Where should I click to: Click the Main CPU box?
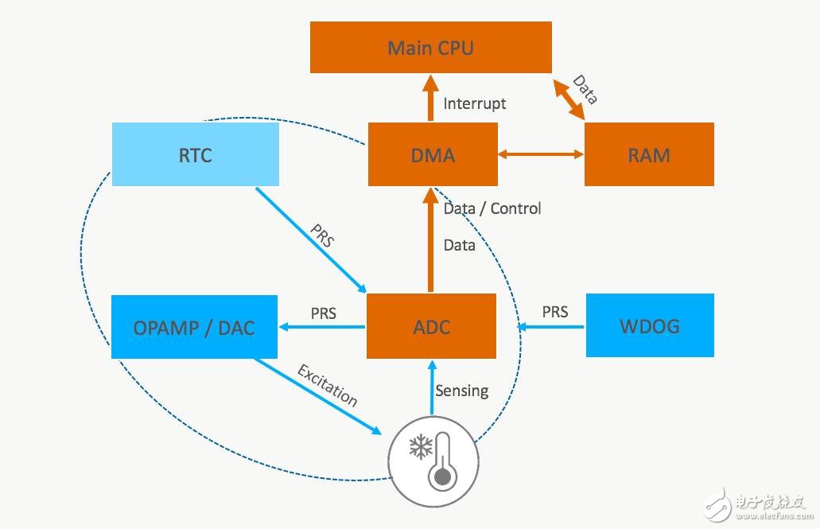(x=430, y=48)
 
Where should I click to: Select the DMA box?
(x=433, y=154)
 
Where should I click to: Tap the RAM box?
(x=649, y=154)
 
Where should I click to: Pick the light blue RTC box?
(x=196, y=154)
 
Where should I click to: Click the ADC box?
(x=431, y=326)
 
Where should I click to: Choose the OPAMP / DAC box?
(x=195, y=326)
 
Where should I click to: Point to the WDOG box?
(x=649, y=325)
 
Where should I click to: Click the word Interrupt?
(x=475, y=103)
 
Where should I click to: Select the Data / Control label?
(x=492, y=208)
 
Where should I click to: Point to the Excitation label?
(x=327, y=385)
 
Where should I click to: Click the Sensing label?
(x=461, y=391)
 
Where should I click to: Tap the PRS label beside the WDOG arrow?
(x=555, y=312)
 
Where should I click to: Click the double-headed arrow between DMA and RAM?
(x=541, y=154)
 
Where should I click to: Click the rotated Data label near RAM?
(x=585, y=90)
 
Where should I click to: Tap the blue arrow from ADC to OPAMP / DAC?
(x=322, y=326)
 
